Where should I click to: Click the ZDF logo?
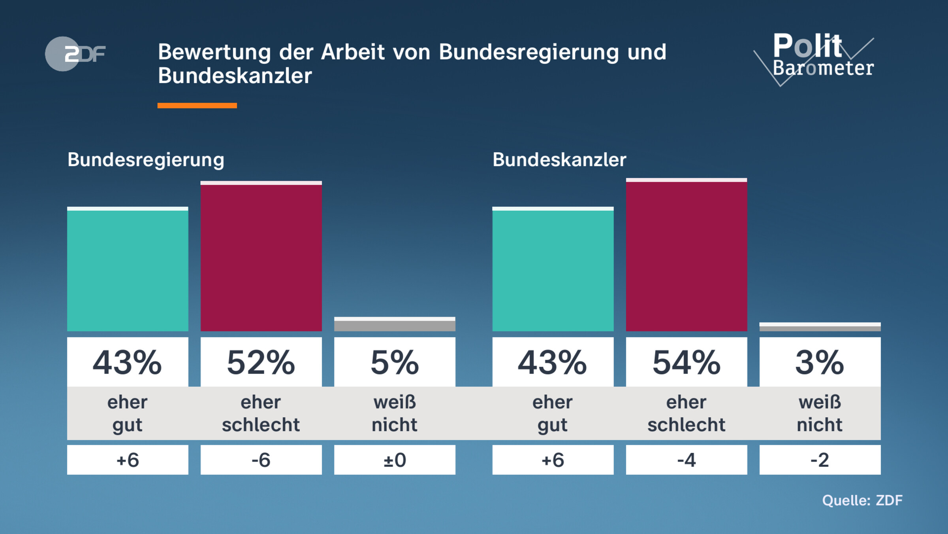[75, 54]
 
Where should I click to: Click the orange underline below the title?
[197, 106]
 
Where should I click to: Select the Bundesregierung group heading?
[146, 160]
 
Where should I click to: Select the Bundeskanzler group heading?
[559, 160]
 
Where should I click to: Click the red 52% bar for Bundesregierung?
[261, 257]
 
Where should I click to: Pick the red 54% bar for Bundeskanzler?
[686, 256]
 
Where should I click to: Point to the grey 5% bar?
[395, 325]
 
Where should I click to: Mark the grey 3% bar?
[820, 328]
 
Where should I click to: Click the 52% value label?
[261, 362]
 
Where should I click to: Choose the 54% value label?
[686, 362]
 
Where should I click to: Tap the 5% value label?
[395, 362]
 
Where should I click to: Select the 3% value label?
[820, 362]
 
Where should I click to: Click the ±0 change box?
[395, 460]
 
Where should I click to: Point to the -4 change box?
[686, 460]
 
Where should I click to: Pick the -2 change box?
[820, 460]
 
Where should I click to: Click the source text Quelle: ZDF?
[862, 500]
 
